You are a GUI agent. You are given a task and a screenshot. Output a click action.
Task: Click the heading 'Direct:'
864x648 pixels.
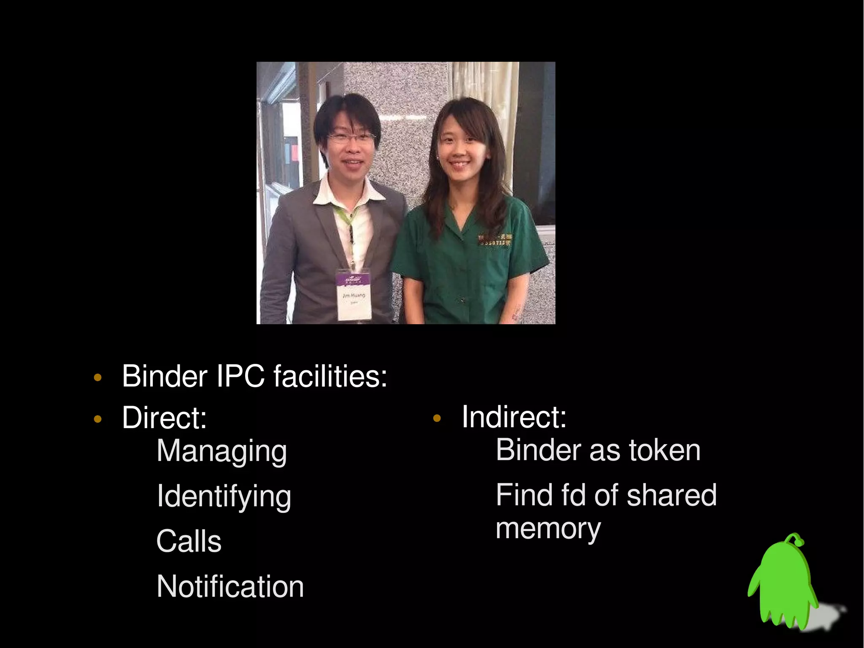[x=165, y=418]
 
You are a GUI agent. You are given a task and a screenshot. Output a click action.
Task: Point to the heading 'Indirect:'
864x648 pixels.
[x=514, y=417]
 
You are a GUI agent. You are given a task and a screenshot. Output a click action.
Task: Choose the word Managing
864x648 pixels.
[x=221, y=452]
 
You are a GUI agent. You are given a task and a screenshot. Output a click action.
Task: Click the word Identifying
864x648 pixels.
[x=224, y=497]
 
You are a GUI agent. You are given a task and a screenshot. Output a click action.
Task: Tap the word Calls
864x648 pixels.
[x=189, y=541]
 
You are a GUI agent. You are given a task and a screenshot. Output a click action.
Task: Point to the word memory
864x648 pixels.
[x=548, y=529]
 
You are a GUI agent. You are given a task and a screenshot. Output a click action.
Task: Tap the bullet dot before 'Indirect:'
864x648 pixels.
[x=437, y=419]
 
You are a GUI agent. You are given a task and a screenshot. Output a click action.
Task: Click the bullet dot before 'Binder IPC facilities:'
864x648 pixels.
[x=97, y=377]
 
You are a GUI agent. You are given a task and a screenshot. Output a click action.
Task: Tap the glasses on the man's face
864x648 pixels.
[x=351, y=137]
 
